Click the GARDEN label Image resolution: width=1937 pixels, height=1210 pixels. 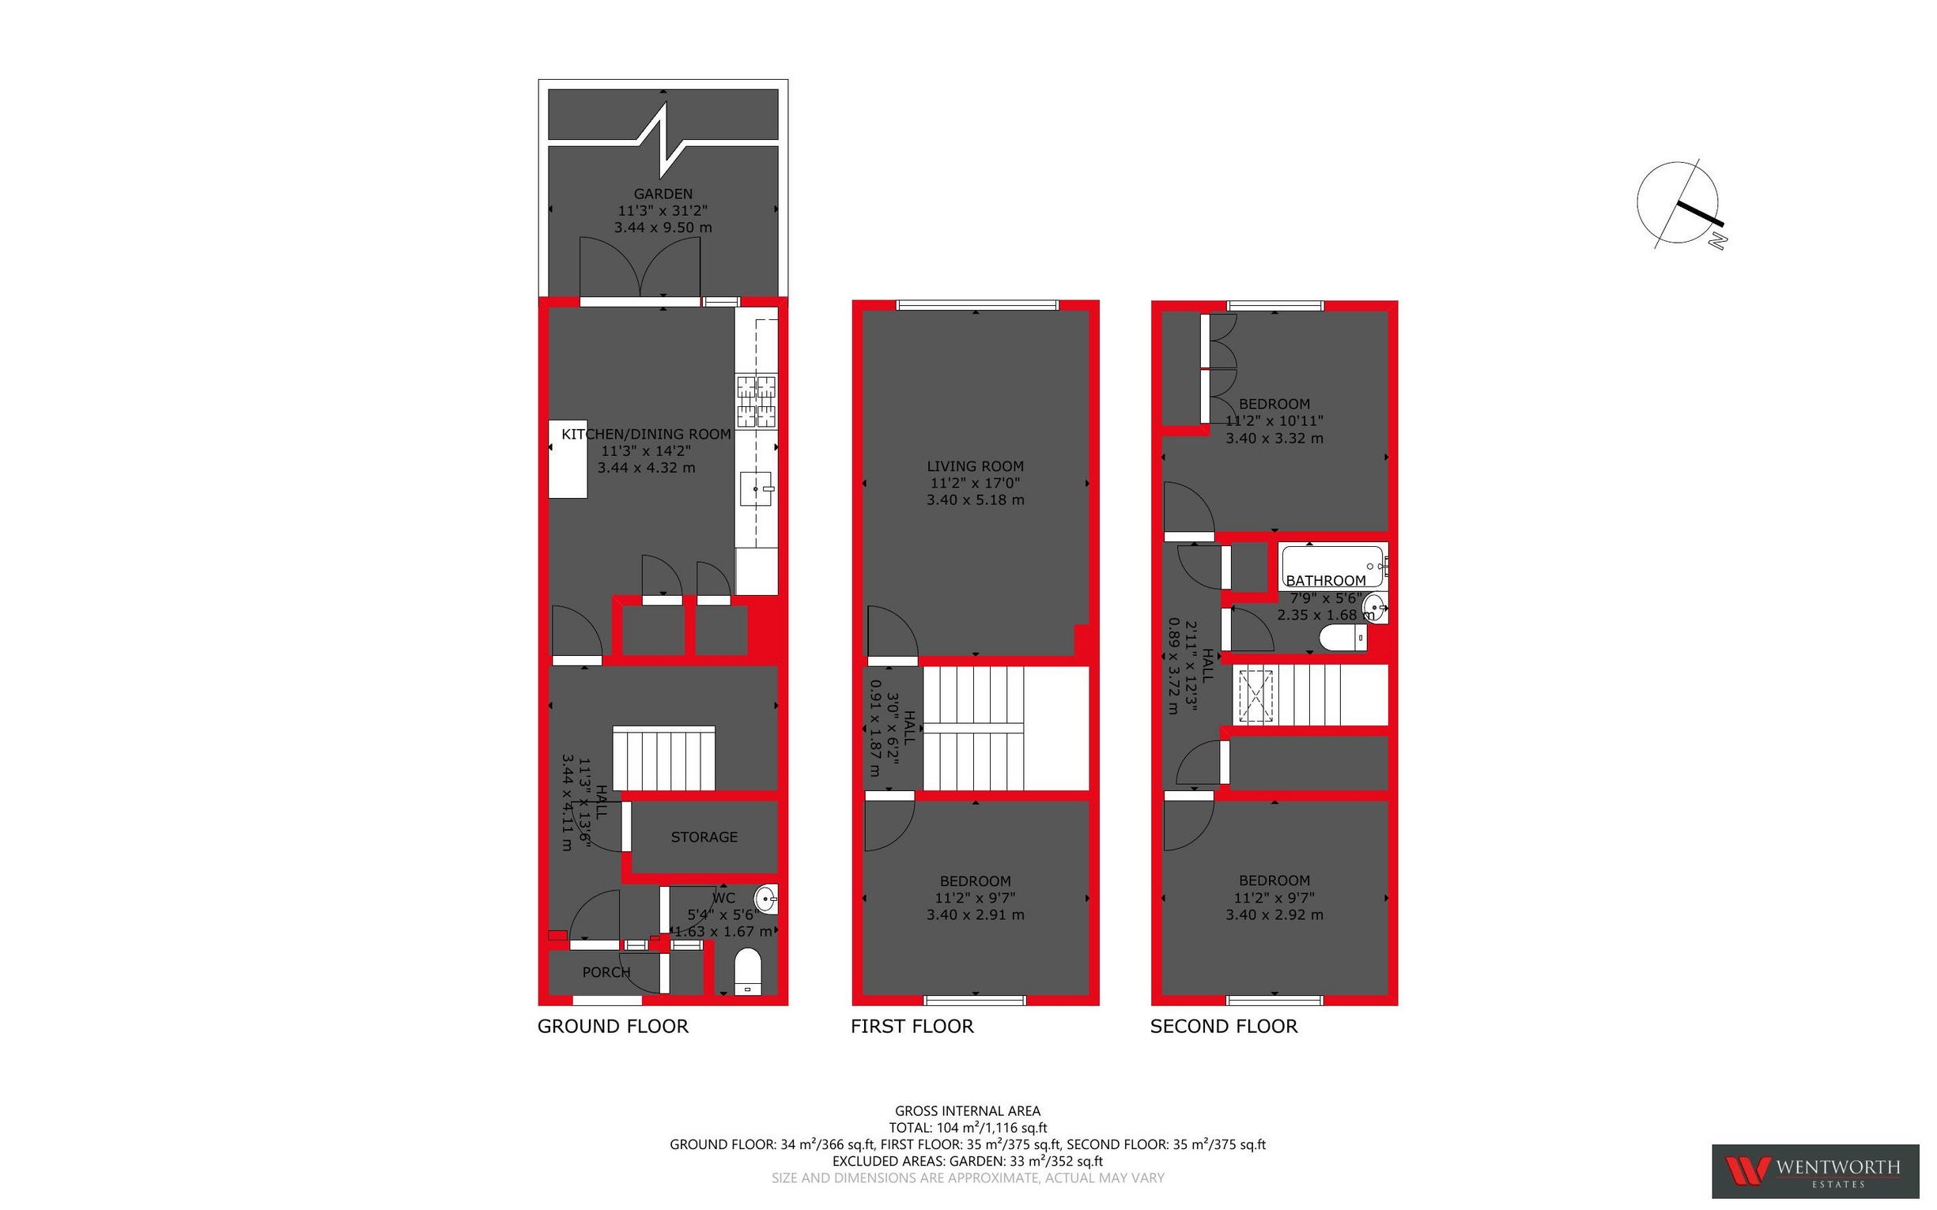[663, 194]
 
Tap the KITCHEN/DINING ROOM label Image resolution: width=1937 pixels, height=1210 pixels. [646, 435]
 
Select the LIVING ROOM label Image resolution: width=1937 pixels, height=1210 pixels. [975, 466]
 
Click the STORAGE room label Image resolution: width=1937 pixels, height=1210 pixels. [704, 837]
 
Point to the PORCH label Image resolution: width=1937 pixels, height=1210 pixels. [606, 972]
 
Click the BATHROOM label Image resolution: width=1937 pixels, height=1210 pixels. [1326, 581]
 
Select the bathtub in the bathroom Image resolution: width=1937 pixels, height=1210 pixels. [1331, 565]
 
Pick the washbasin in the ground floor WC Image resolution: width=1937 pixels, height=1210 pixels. [766, 899]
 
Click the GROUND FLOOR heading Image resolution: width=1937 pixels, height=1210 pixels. [612, 1027]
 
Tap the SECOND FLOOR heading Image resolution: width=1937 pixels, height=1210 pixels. [1223, 1027]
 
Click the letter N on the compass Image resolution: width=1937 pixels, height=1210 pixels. [1718, 241]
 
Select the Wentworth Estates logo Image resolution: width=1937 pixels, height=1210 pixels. [1815, 1170]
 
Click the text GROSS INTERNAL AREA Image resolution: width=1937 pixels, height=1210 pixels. [967, 1110]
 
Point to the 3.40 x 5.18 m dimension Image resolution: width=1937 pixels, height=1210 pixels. [975, 500]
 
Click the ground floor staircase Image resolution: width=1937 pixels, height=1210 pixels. [663, 759]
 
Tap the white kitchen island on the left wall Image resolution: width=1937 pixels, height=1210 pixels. [568, 458]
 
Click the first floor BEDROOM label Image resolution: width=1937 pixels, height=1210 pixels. [975, 881]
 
